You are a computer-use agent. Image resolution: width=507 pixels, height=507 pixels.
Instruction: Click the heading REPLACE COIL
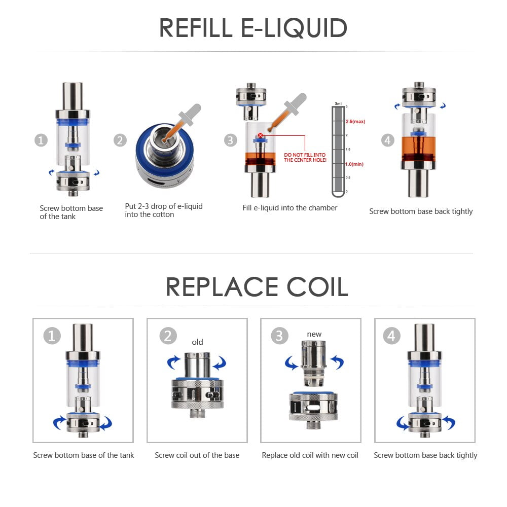pos(257,287)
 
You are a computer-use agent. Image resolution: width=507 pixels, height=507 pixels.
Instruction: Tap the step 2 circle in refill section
pos(120,140)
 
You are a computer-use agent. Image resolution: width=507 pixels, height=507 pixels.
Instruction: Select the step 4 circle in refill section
pos(388,140)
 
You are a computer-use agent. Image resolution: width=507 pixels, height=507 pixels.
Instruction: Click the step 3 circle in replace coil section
pos(279,336)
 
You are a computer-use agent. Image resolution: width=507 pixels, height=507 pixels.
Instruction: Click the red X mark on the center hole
pos(260,135)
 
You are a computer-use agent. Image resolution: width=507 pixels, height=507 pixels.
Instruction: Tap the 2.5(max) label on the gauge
pos(355,122)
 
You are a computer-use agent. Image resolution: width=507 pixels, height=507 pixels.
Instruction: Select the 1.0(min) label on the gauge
pos(354,164)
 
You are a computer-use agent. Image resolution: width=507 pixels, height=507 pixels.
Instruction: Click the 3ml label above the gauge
pos(338,103)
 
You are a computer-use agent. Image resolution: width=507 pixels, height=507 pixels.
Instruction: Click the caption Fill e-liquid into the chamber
pos(289,208)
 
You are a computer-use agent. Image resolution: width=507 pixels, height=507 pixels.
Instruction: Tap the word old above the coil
pos(197,342)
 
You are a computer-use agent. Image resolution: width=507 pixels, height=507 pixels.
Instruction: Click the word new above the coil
pos(314,334)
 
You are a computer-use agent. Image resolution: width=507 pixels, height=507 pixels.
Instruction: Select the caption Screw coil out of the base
pos(197,455)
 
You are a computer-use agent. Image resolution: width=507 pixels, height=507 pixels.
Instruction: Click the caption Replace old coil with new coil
pos(310,455)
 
